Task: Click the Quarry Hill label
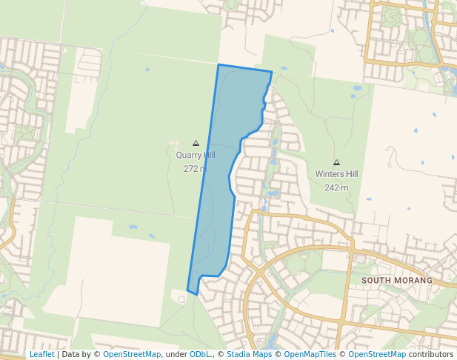[196, 156]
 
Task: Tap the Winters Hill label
[336, 174]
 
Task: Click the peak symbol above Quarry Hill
[196, 143]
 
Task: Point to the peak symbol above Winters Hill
[336, 162]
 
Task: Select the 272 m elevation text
[196, 168]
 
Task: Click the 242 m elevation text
[336, 187]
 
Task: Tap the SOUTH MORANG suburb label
[396, 281]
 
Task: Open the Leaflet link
[41, 354]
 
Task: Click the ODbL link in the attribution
[200, 354]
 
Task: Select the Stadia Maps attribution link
[249, 354]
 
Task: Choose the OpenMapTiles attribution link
[310, 354]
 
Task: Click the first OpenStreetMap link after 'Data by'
[132, 354]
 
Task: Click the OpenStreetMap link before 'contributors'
[377, 354]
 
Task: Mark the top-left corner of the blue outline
[219, 65]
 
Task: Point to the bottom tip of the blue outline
[196, 294]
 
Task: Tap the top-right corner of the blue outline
[272, 72]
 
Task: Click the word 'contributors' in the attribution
[431, 354]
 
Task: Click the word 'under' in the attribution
[175, 354]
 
